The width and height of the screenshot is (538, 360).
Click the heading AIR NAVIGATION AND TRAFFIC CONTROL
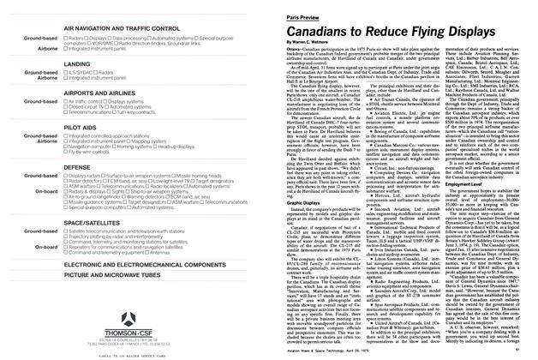[x=120, y=28]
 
